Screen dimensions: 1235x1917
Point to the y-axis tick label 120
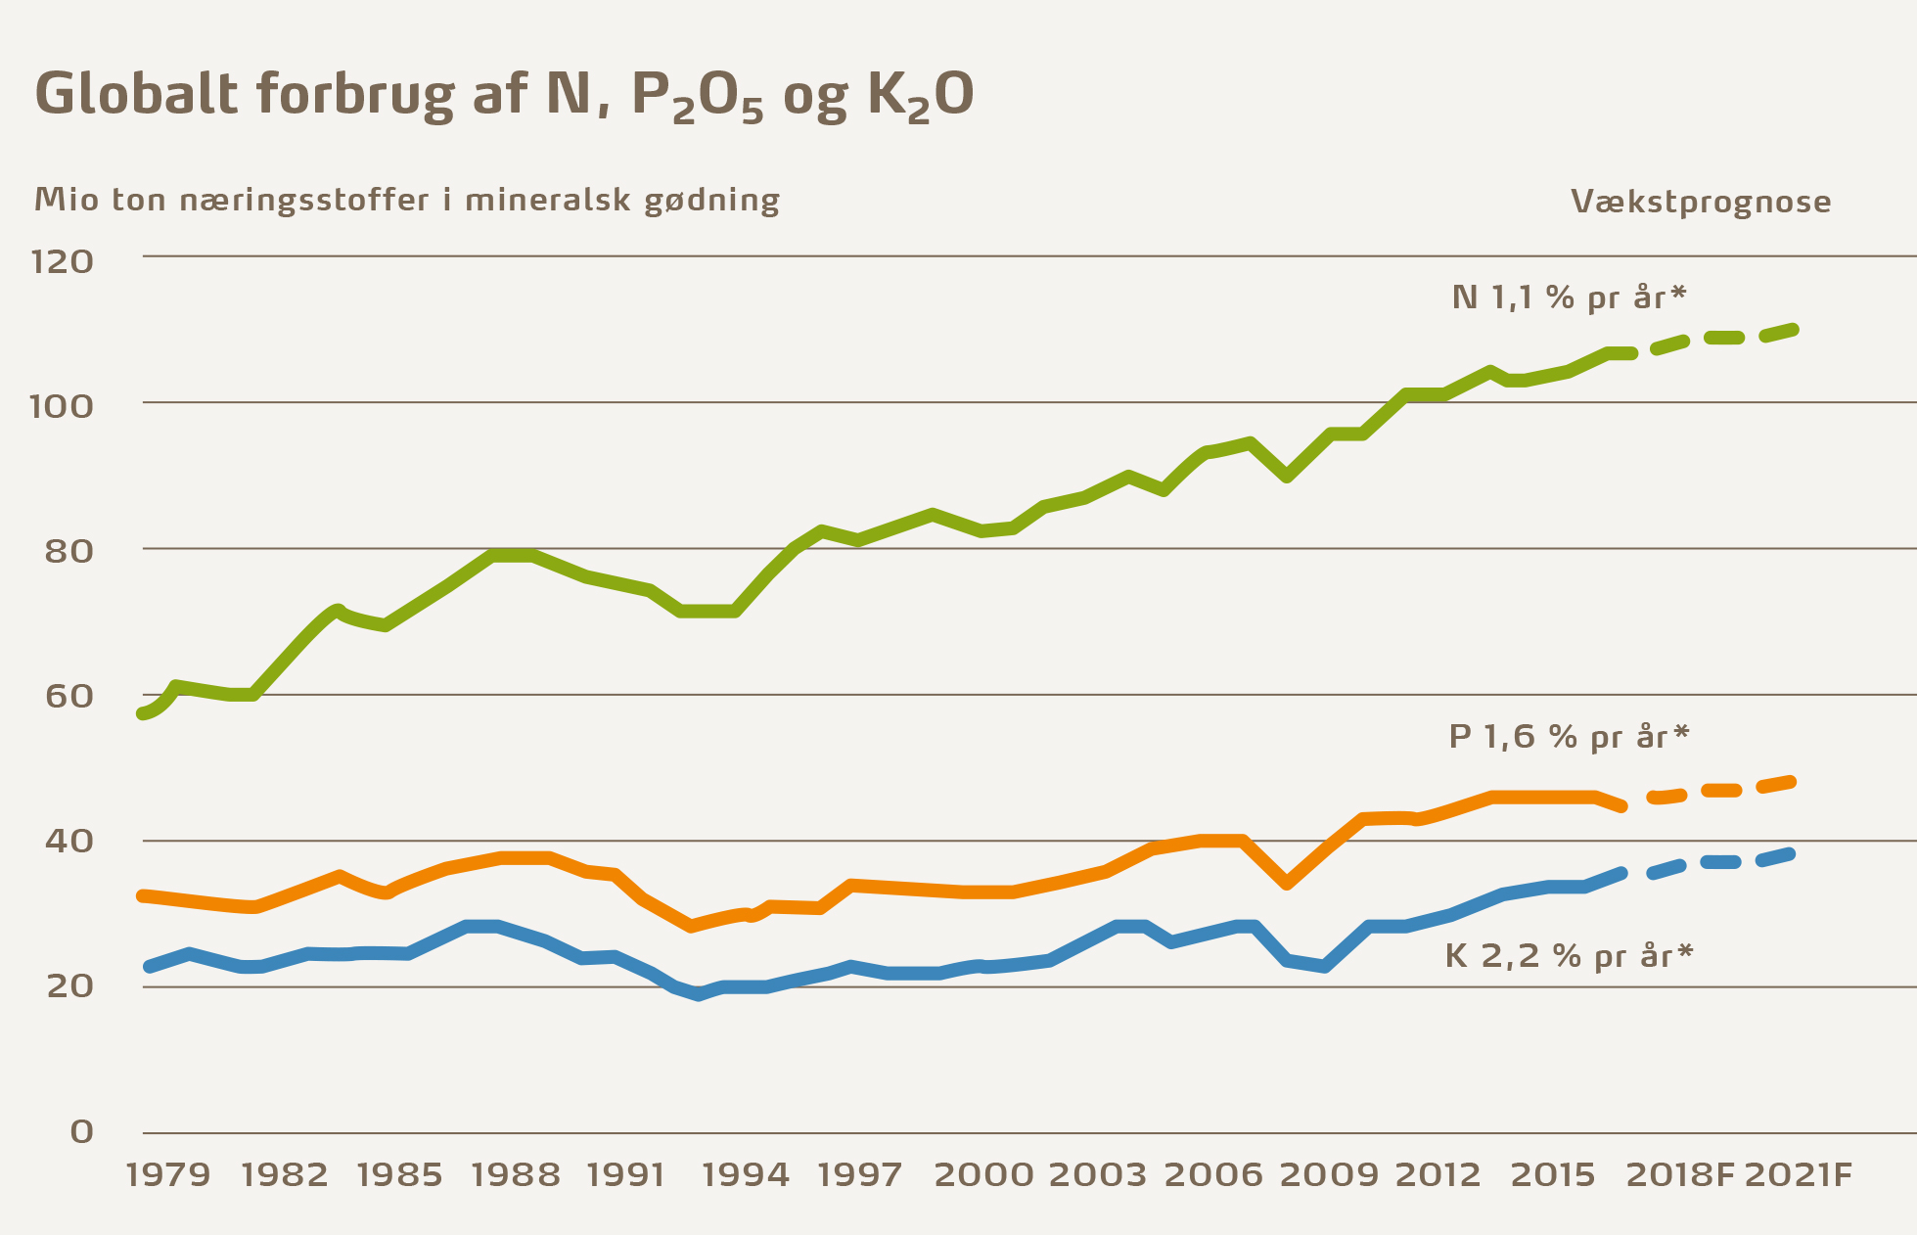63,261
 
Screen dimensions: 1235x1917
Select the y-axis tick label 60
68,696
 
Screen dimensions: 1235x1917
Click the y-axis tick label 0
82,1131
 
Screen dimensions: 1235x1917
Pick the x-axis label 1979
168,1174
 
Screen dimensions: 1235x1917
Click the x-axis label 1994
746,1174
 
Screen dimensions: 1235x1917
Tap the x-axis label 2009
1323,1174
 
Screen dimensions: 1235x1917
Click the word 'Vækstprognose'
1701,202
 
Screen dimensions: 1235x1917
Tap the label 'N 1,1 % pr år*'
1570,297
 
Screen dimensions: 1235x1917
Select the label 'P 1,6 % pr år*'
1569,736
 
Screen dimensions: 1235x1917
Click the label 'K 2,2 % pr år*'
1569,955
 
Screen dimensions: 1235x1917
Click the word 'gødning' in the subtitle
711,202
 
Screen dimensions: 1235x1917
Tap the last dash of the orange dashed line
1776,785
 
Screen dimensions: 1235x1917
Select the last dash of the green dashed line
1779,333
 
